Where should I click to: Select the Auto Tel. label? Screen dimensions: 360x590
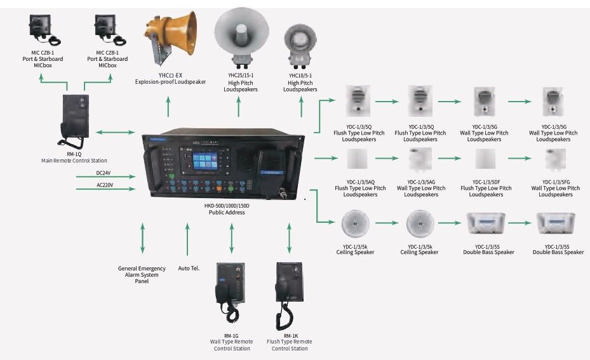(x=189, y=268)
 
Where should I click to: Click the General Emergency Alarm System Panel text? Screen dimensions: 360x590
(x=142, y=274)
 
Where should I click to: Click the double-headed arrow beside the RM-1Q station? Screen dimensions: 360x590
(x=116, y=133)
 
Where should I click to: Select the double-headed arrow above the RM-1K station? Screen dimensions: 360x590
(x=290, y=237)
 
